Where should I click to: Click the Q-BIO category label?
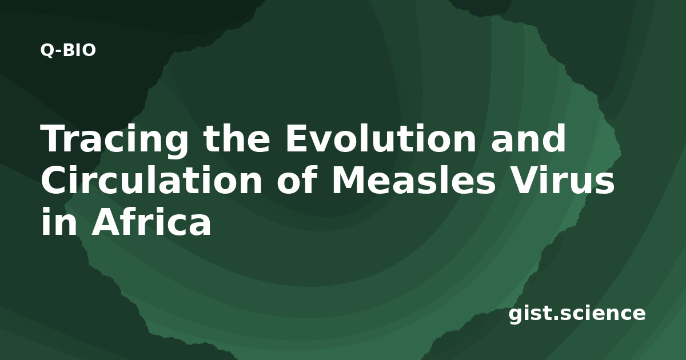68,50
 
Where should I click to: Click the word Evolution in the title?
381,138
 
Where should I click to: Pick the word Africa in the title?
151,221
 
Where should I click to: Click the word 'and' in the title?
529,138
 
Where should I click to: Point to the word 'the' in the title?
237,138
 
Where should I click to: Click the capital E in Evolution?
297,138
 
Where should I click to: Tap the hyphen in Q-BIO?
59,52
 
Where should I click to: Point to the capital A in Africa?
105,221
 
